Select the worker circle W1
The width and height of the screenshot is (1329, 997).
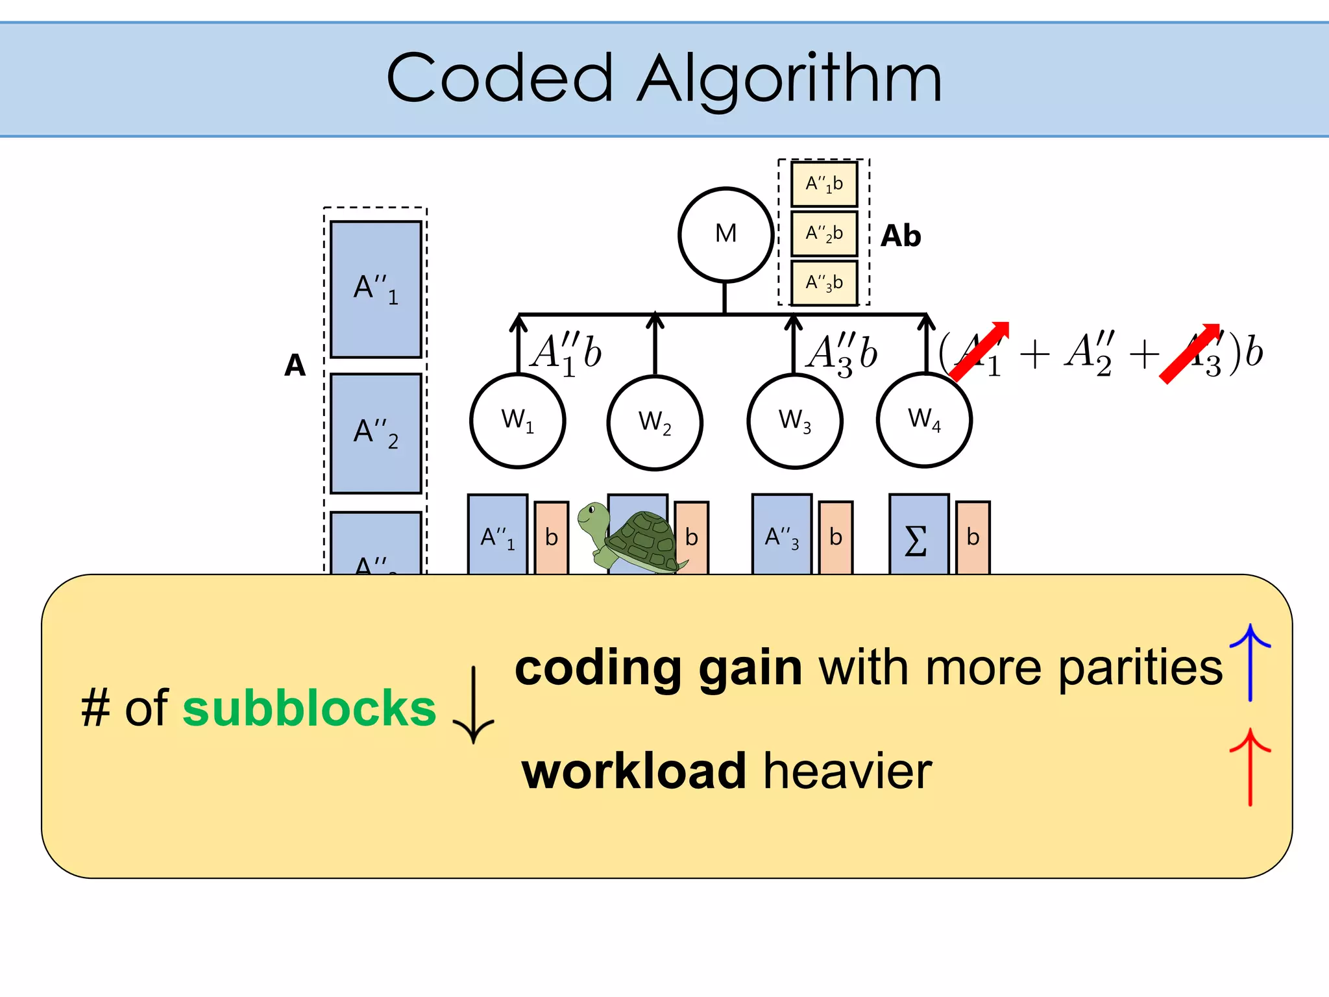pyautogui.click(x=518, y=421)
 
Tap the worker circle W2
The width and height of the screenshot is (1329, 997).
pyautogui.click(x=655, y=423)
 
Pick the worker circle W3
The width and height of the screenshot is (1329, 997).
pyautogui.click(x=794, y=421)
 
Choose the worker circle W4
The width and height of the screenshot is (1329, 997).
pyautogui.click(x=924, y=419)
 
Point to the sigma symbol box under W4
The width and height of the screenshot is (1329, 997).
pyautogui.click(x=918, y=536)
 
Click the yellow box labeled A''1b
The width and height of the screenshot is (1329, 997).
pyautogui.click(x=824, y=184)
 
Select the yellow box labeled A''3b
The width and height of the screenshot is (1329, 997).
pyautogui.click(x=824, y=282)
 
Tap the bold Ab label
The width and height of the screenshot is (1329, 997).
pyautogui.click(x=901, y=236)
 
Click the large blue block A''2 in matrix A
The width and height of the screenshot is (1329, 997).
pyautogui.click(x=376, y=434)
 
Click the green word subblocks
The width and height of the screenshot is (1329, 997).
pyautogui.click(x=310, y=708)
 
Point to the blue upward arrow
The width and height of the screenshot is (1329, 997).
pyautogui.click(x=1250, y=662)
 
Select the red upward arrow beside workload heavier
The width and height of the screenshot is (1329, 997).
pyautogui.click(x=1250, y=767)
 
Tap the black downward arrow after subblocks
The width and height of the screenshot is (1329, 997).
pyautogui.click(x=474, y=705)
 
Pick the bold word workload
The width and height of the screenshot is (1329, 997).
pyautogui.click(x=634, y=771)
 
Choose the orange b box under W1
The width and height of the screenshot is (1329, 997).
pyautogui.click(x=552, y=537)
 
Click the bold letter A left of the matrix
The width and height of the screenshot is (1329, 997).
pyautogui.click(x=295, y=365)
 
